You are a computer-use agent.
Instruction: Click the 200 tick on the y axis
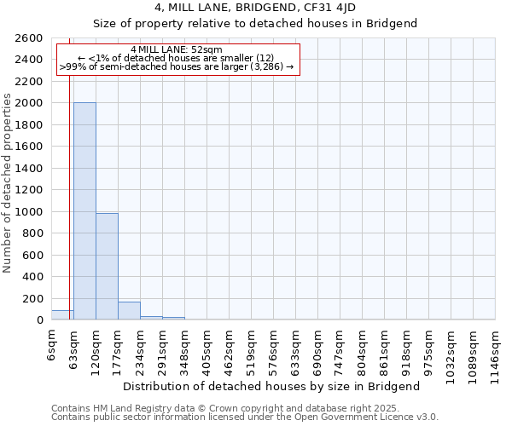pos(33,299)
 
